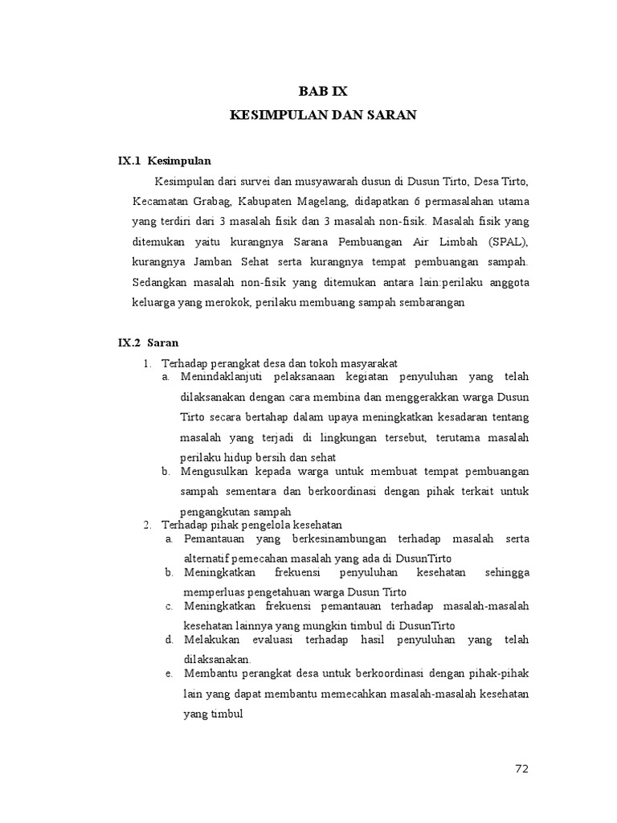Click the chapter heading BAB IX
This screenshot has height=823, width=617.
click(323, 92)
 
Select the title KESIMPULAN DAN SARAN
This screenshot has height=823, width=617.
click(323, 116)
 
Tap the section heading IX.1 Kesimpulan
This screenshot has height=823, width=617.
click(165, 161)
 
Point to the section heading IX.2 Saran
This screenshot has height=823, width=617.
click(149, 342)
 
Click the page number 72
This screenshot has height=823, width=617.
click(522, 769)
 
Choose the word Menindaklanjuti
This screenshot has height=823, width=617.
click(225, 377)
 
